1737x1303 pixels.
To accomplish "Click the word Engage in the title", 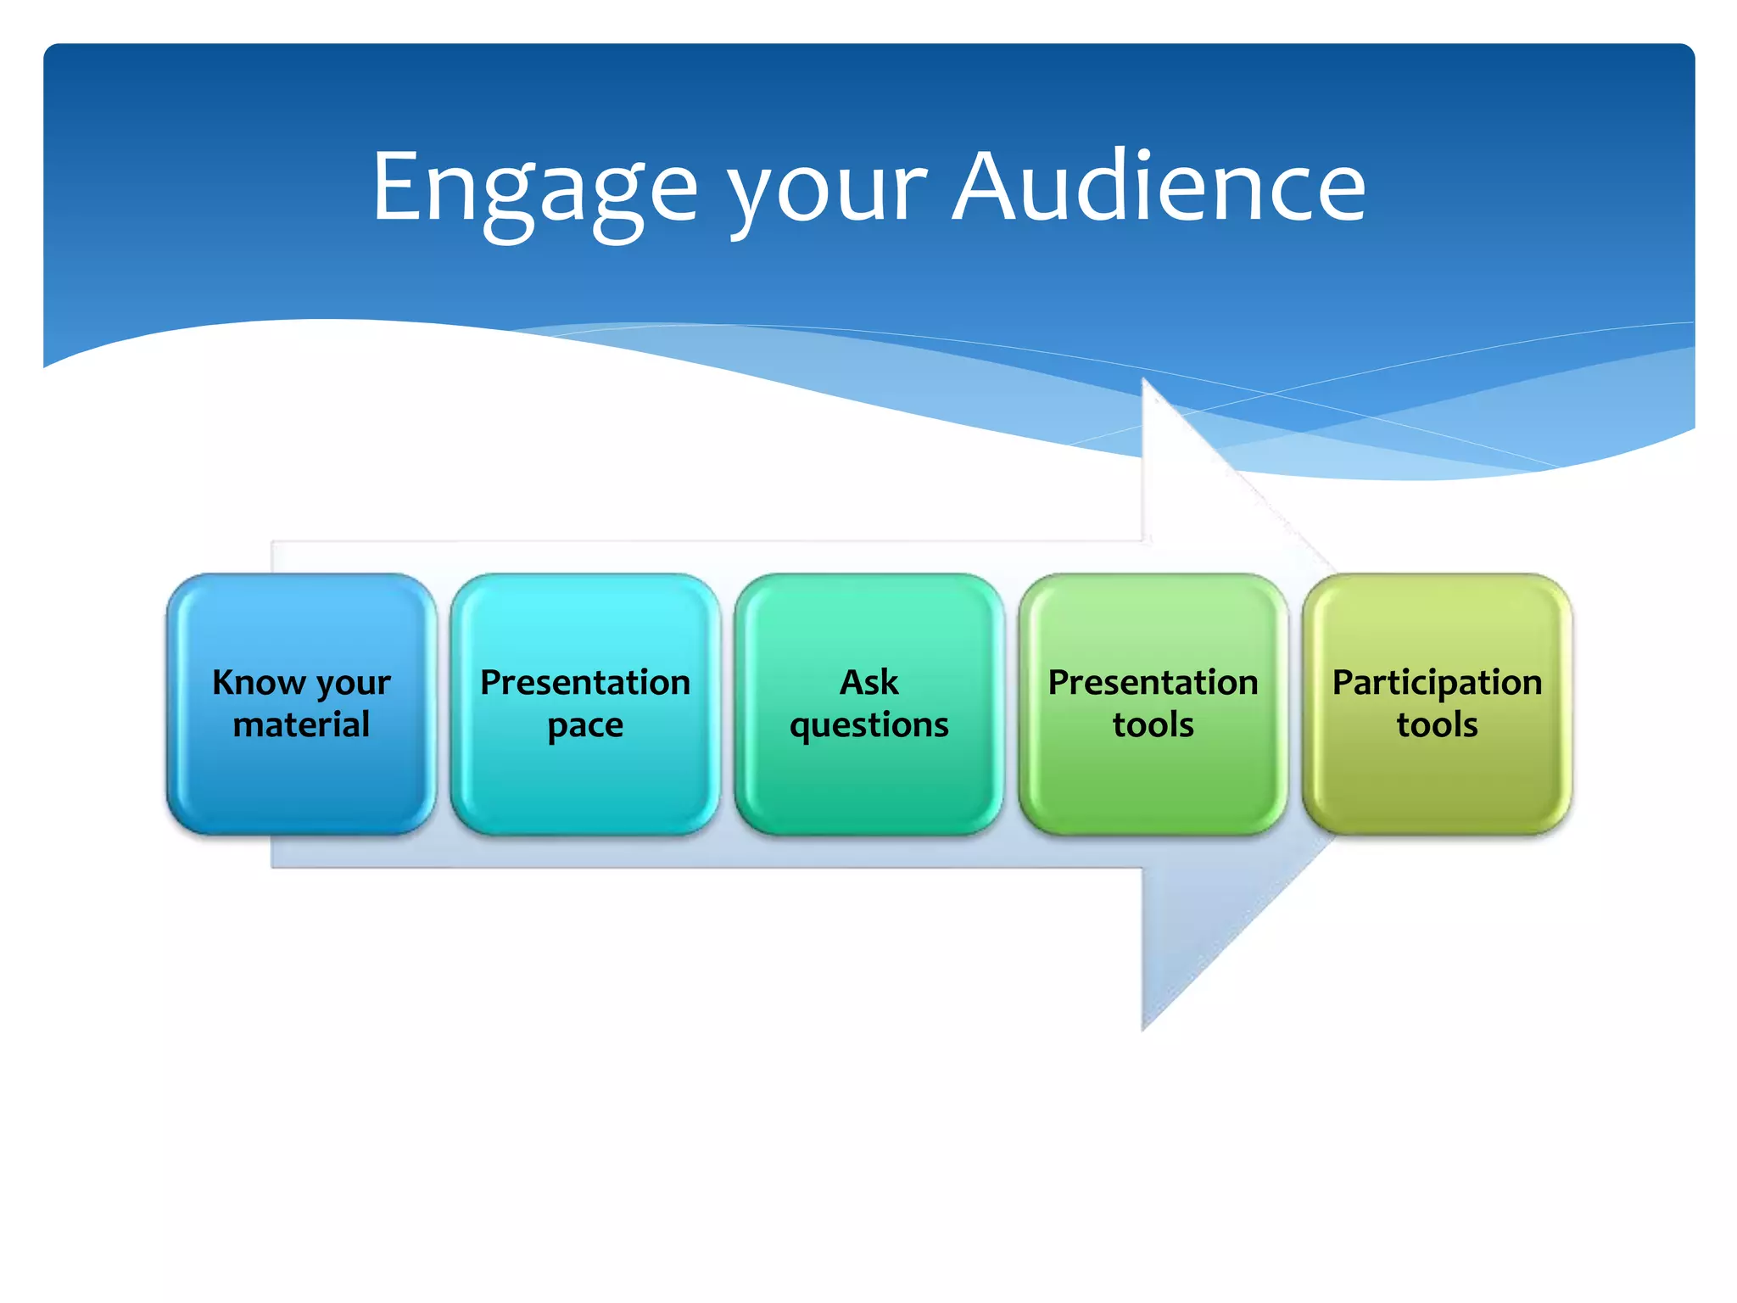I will tap(534, 188).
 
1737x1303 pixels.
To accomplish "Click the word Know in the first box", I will tap(259, 682).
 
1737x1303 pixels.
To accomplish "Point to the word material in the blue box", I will tap(301, 725).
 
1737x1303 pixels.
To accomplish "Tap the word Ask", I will tap(869, 682).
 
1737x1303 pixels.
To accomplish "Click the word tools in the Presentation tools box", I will tap(1153, 725).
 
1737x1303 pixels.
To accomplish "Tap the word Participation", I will tap(1438, 683).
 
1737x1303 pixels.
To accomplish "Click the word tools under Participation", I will tap(1438, 725).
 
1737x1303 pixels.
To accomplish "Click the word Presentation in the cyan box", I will tap(585, 682).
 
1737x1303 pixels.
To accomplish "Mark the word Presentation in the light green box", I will tap(1153, 682).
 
